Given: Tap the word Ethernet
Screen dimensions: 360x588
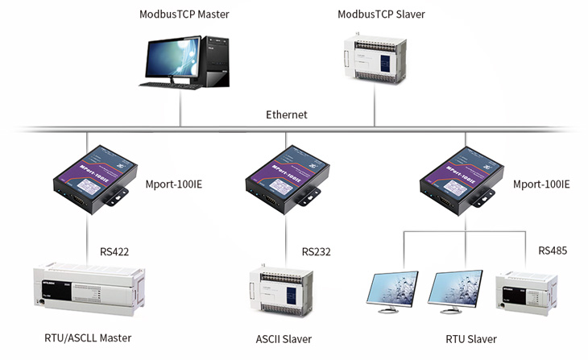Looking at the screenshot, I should [x=287, y=115].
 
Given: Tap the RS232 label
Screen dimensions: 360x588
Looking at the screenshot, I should [x=317, y=251].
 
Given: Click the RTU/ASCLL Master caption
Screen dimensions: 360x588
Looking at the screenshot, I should [x=89, y=338].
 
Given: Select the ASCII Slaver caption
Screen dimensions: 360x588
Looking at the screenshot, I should [x=285, y=338].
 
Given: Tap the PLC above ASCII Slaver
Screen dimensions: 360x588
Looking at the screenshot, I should [x=284, y=291].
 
